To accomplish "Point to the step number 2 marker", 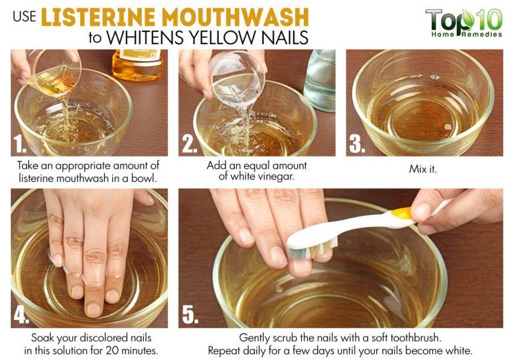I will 191,143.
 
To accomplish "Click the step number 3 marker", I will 359,143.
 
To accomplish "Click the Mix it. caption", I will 423,169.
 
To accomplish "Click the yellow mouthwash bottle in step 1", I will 137,64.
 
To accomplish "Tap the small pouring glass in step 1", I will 54,73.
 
